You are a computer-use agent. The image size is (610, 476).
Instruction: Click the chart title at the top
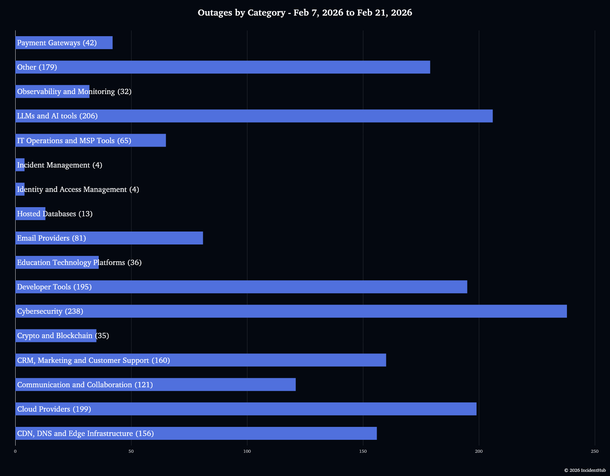tap(305, 13)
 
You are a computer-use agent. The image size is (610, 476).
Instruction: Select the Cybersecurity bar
tap(291, 311)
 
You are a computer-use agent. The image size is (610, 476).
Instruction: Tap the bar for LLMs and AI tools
tap(254, 116)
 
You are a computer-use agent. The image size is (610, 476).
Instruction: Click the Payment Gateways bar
tap(64, 43)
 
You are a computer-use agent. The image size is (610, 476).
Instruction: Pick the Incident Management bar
tap(20, 165)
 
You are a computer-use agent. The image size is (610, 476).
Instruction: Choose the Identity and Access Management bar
tap(20, 189)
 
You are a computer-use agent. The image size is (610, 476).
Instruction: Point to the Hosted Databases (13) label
tap(55, 214)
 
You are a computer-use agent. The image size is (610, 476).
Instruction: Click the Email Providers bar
tap(109, 238)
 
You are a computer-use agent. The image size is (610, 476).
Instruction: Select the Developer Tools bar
tap(241, 287)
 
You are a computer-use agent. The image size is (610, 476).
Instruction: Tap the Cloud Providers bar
tap(246, 409)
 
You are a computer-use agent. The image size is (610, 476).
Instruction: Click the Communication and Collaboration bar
tap(156, 385)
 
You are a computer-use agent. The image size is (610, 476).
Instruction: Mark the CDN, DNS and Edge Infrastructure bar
tap(196, 433)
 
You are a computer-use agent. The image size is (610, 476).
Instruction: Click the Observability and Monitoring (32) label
tap(74, 91)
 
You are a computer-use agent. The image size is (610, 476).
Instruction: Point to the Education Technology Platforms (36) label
tap(79, 262)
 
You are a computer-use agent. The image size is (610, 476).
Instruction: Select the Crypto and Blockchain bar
tap(56, 335)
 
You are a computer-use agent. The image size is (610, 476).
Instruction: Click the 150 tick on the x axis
tap(363, 451)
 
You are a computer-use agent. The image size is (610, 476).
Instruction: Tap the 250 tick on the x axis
tap(594, 451)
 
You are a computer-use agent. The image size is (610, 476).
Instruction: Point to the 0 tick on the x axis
tap(15, 451)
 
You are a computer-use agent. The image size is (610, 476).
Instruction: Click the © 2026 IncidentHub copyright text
tap(585, 470)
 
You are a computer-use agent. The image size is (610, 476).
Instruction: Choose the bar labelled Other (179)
tap(223, 67)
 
